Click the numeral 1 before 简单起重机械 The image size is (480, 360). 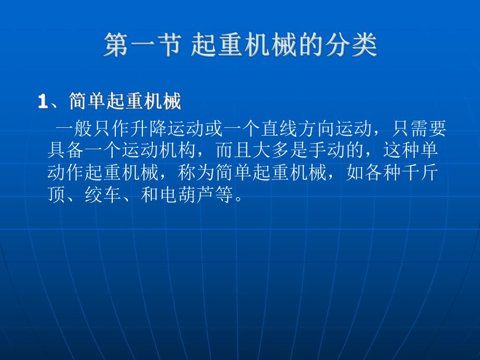(42, 102)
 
